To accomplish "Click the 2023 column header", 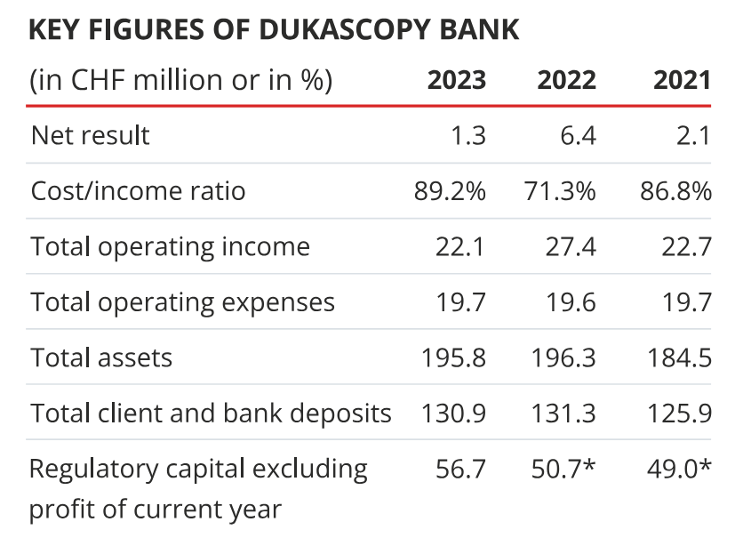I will click(x=457, y=80).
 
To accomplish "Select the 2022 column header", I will click(x=566, y=80).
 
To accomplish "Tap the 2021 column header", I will click(x=682, y=80).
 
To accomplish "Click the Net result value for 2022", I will click(x=577, y=135).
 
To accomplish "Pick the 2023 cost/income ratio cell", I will click(x=450, y=191).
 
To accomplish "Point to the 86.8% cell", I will click(x=675, y=191).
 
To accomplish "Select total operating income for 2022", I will click(x=571, y=246).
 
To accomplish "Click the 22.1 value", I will click(x=460, y=246).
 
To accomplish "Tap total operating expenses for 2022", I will click(x=571, y=302).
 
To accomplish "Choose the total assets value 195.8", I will click(x=453, y=357).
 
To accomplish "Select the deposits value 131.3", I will click(x=563, y=414).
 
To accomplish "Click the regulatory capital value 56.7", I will click(x=460, y=469).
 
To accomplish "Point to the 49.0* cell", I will click(x=679, y=469).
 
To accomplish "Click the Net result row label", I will click(x=91, y=135).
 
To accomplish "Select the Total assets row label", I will click(x=101, y=357).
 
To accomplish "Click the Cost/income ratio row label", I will click(x=138, y=191).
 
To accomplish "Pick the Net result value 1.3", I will click(x=467, y=135).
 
